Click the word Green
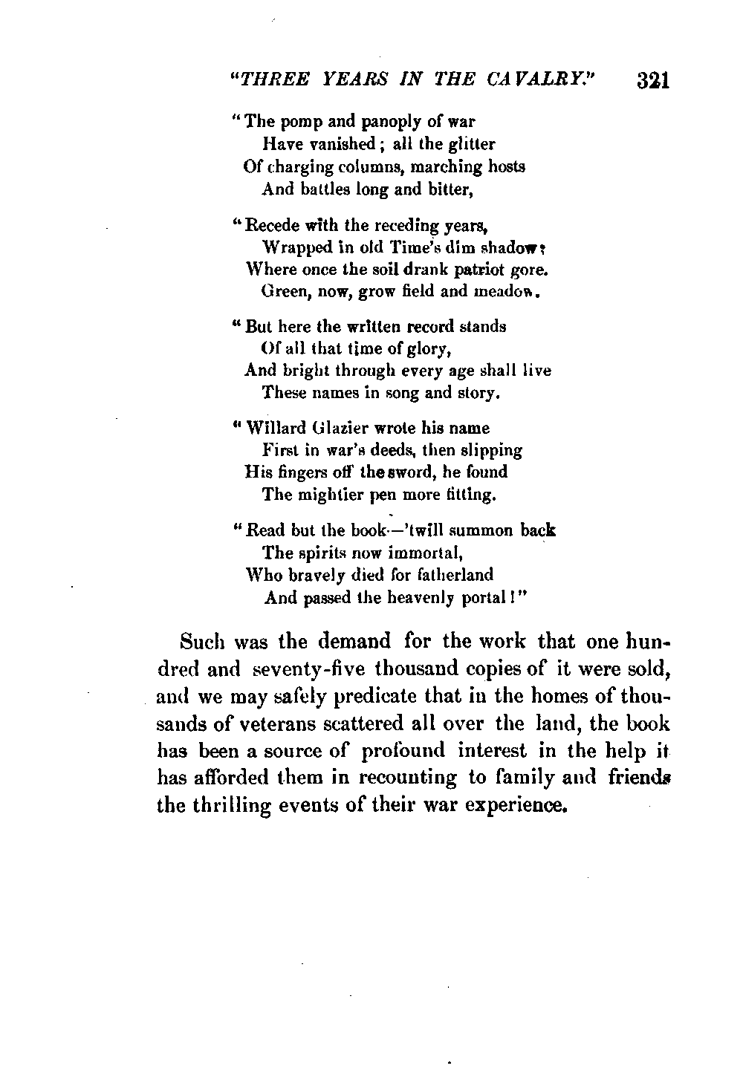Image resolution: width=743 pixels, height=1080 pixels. coord(285,291)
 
